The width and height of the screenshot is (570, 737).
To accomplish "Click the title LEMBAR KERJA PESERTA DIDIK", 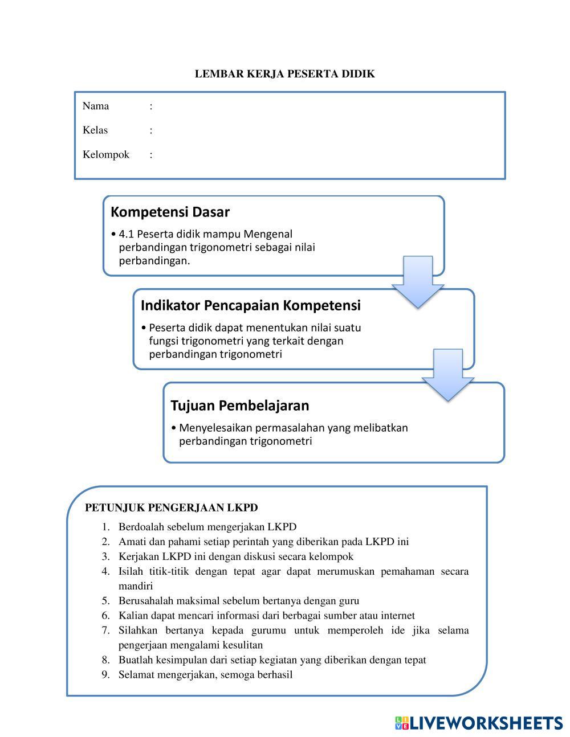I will [284, 74].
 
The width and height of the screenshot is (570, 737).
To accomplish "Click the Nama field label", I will [96, 106].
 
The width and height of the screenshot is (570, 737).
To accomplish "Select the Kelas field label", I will [95, 130].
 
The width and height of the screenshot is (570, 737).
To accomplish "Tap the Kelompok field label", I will [106, 155].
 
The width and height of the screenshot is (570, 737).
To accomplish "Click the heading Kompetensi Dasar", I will [170, 212].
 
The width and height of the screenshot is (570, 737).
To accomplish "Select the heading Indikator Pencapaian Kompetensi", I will [250, 306].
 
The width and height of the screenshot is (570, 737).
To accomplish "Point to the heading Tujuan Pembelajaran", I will [239, 406].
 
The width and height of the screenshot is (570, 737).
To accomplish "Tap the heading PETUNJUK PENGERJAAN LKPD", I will [171, 507].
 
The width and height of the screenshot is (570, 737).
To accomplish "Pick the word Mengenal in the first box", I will [268, 234].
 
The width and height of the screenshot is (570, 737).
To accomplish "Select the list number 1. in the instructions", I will [106, 527].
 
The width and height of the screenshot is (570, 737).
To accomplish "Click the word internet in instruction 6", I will [398, 616].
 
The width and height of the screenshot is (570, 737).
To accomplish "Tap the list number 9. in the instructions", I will [106, 675].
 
